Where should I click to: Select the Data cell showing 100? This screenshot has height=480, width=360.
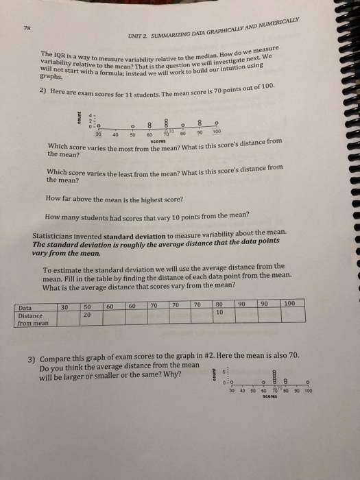click(x=289, y=302)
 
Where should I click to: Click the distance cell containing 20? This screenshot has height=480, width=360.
click(x=88, y=315)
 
